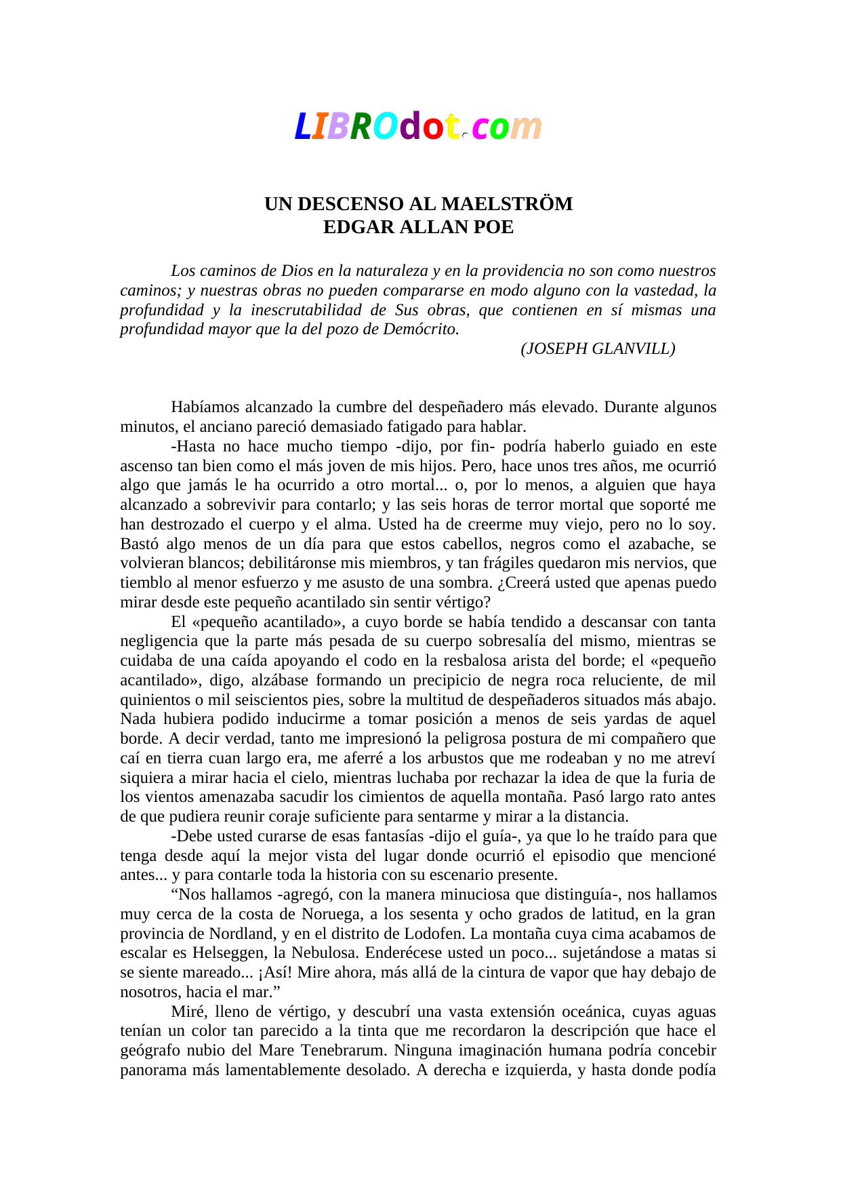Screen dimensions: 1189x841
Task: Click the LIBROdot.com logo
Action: point(418,127)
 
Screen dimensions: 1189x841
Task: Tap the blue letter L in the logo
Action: point(302,127)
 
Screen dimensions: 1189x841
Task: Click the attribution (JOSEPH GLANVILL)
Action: point(598,348)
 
